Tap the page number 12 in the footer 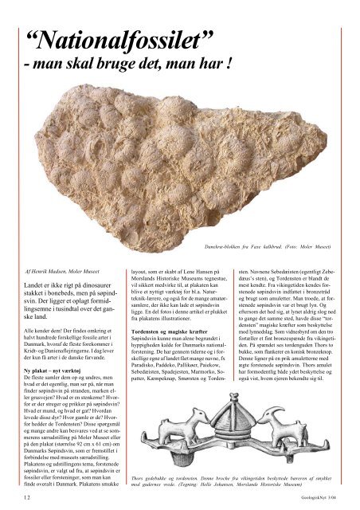tap(29, 496)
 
